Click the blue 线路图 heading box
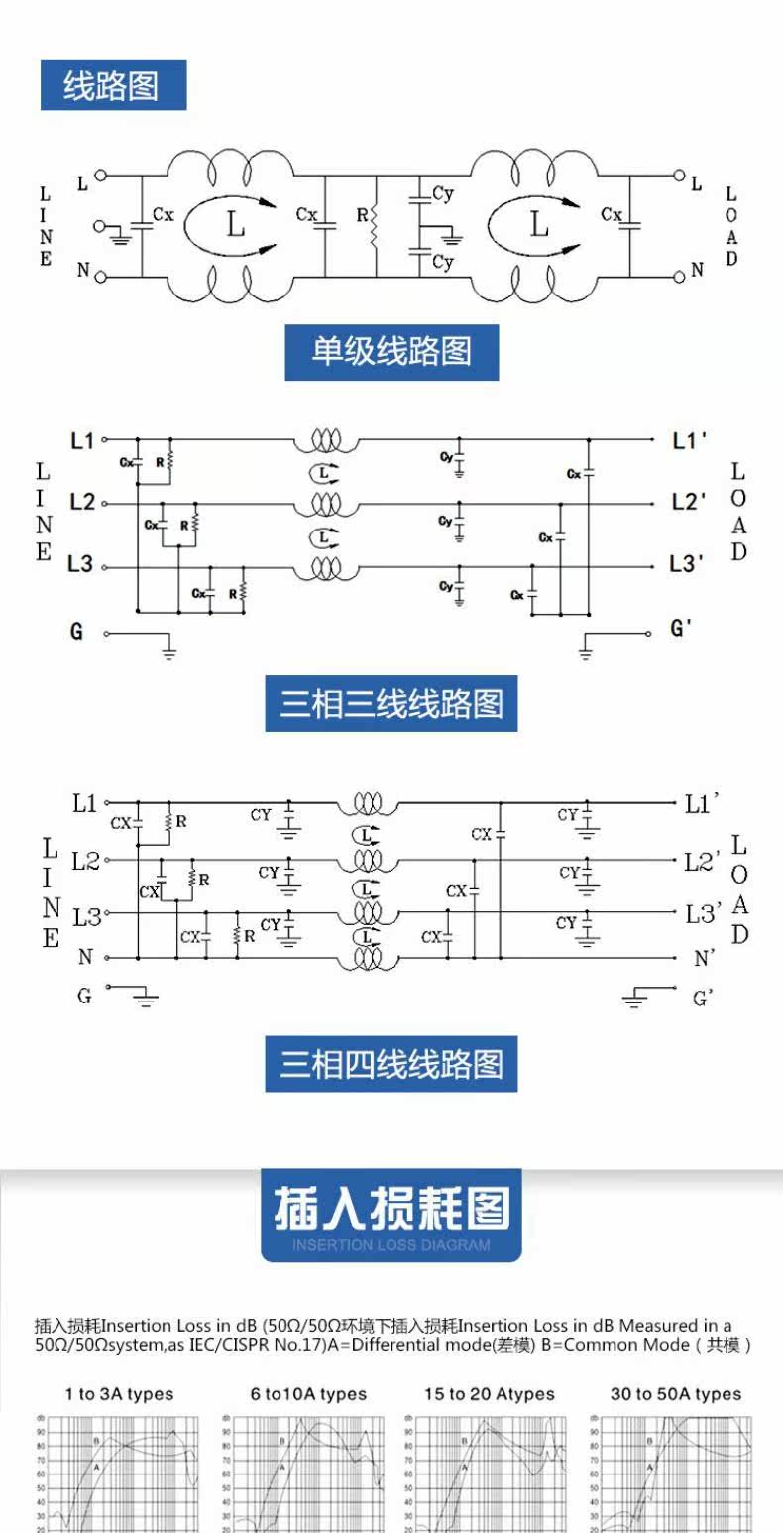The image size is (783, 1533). coord(113,85)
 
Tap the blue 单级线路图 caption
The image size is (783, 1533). coord(391,352)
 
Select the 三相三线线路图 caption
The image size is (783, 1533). coord(391,704)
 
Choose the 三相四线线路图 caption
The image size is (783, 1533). coord(391,1064)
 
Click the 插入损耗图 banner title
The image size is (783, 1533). coord(391,1209)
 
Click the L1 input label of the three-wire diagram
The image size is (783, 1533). coord(83,439)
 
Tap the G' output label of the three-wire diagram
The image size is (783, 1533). coord(682,629)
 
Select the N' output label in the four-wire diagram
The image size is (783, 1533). coord(704,958)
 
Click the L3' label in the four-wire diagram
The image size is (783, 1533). coord(702,913)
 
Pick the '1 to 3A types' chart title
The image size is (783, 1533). coord(119,1394)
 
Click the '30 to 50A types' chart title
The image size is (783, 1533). coord(675,1394)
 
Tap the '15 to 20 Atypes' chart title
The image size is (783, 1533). coord(490,1394)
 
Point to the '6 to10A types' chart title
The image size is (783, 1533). coord(308,1394)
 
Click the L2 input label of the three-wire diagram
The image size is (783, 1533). coord(83,503)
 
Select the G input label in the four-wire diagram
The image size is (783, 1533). coord(84,995)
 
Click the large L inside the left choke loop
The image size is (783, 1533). coord(235,224)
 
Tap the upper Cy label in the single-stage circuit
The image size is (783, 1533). coord(442,193)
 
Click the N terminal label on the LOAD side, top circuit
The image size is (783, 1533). coord(697,270)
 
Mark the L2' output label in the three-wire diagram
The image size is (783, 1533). coord(688,502)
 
